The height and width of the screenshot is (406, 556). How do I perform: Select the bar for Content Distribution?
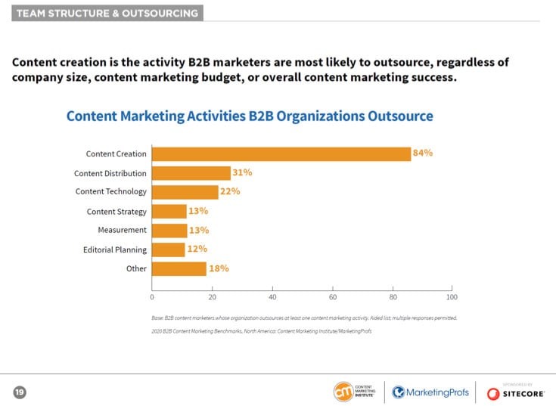coord(191,173)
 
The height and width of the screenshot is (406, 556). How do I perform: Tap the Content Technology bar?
coord(185,192)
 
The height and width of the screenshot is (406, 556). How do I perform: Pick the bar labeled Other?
coord(179,268)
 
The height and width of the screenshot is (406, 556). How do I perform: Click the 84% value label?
coord(422,153)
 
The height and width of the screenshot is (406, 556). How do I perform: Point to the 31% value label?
coord(242,172)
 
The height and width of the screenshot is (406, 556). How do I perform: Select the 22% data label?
coord(230,191)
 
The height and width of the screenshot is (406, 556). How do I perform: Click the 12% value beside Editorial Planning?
coord(197,249)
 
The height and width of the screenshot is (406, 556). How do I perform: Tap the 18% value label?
coord(219,268)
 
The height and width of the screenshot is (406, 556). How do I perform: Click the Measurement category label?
coord(122,230)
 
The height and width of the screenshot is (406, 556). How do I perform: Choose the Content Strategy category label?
coord(116,212)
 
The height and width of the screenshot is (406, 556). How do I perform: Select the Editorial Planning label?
coord(114,249)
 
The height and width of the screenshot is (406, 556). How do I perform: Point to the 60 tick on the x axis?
coord(333,297)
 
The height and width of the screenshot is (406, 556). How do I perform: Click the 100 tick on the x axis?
coord(452,297)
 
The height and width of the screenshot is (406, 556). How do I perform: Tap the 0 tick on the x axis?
coord(153,297)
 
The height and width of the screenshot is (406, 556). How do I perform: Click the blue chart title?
coord(250,116)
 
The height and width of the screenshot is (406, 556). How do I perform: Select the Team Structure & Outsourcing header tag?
coord(107,13)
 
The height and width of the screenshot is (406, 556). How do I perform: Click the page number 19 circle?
coord(19,392)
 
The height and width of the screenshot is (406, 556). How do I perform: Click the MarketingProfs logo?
coord(430,392)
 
